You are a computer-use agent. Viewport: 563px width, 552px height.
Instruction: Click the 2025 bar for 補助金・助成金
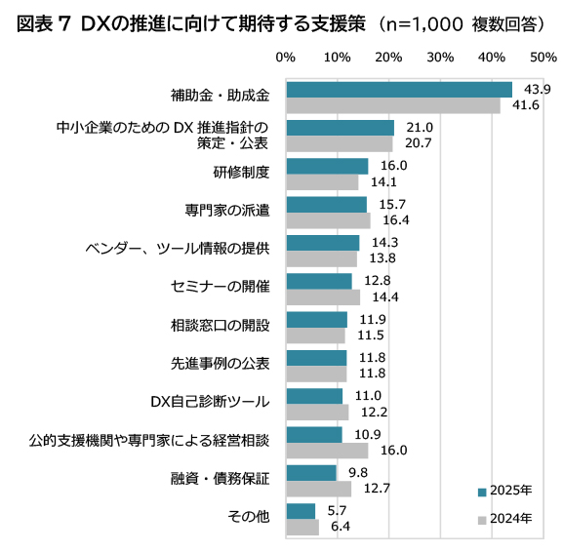tap(399, 90)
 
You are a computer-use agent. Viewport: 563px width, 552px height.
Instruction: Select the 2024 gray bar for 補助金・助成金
tap(393, 105)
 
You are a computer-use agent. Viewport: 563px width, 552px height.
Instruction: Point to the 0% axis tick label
tap(286, 58)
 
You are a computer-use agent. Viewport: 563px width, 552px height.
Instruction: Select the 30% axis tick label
tap(440, 58)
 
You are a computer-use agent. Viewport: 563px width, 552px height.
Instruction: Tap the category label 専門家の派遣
tap(234, 212)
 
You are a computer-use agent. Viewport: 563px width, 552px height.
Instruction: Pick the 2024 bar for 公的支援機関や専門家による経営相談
tap(327, 451)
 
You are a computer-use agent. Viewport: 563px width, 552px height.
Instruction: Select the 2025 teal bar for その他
tap(301, 511)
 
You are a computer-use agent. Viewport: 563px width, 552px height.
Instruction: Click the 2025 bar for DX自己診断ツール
tap(314, 396)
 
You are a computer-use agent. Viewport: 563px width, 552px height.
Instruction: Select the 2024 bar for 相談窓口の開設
tap(315, 335)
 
